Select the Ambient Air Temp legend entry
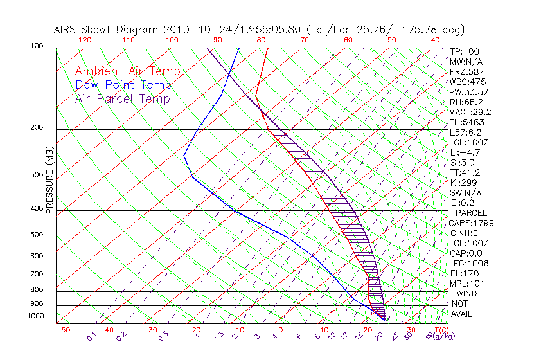tap(127, 71)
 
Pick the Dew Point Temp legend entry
tap(123, 85)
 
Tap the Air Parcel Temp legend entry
tap(122, 98)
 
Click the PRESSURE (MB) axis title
tap(50, 181)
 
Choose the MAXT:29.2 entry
tap(469, 112)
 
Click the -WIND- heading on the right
tap(467, 293)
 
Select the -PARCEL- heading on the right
tap(471, 213)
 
